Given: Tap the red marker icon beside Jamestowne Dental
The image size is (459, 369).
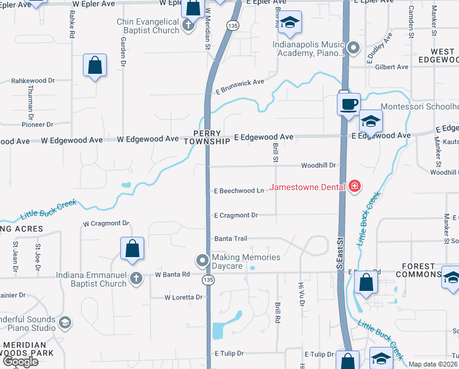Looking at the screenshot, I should tap(354, 186).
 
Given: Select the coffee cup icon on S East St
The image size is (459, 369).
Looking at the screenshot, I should tap(349, 103).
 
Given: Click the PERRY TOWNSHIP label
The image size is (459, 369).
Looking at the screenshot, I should tap(210, 137).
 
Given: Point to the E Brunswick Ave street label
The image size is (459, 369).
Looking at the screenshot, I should tap(239, 86).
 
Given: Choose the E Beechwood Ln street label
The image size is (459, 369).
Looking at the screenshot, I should tap(239, 191).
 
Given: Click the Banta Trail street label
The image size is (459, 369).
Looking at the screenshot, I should tap(230, 239).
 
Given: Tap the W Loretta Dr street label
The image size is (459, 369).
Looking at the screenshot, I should tap(183, 297).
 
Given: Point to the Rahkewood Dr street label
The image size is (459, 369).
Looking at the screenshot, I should tap(33, 81).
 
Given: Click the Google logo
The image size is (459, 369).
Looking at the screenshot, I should tap(20, 362).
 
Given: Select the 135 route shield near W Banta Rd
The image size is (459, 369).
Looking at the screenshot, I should tap(209, 280).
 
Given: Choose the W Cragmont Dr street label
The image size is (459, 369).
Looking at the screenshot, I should tap(106, 223).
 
